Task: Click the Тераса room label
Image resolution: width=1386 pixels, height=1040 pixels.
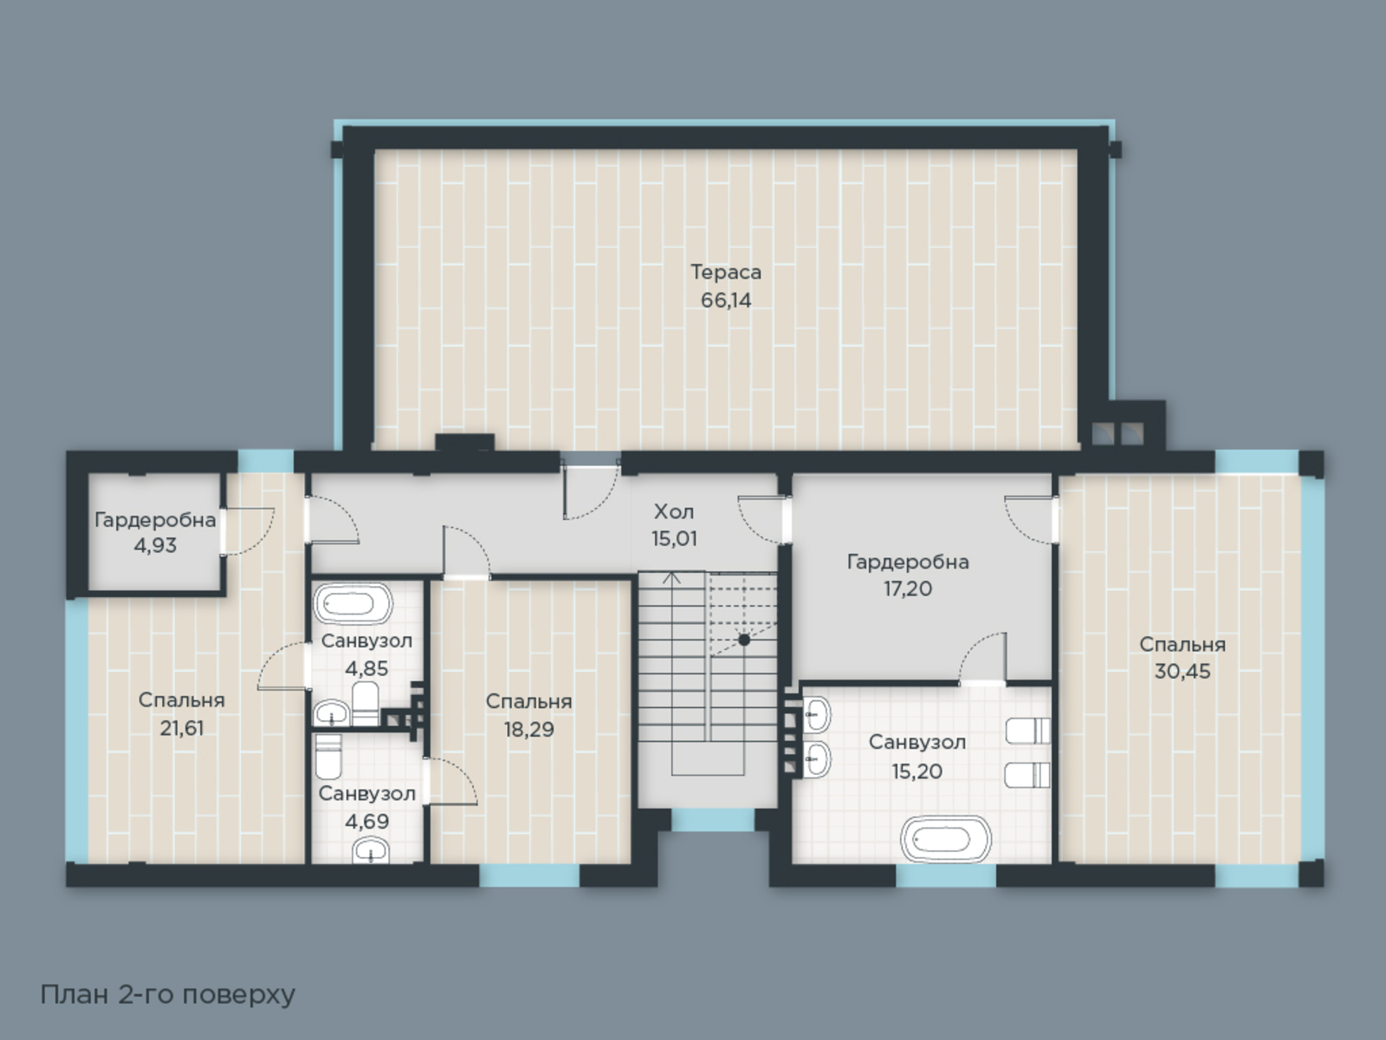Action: coord(726,272)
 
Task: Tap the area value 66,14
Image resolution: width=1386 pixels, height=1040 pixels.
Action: coord(726,300)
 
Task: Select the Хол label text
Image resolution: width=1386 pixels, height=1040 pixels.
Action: coord(674,510)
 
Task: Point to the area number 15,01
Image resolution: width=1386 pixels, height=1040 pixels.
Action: coord(674,538)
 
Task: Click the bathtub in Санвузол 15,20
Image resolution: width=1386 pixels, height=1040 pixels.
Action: coord(945,839)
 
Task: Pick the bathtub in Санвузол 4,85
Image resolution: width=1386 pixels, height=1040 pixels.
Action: coord(353,603)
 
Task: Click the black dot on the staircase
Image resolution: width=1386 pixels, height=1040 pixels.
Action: coord(744,640)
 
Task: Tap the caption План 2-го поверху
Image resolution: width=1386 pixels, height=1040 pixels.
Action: coord(168,995)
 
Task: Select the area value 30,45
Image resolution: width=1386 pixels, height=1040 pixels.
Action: coord(1182,671)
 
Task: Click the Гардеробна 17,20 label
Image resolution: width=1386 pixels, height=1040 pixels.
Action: coord(908,575)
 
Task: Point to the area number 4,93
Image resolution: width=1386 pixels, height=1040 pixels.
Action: coord(155,546)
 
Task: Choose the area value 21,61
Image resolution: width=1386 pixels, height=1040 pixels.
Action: coord(182,728)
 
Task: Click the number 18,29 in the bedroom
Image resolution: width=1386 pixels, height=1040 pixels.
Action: coord(529,730)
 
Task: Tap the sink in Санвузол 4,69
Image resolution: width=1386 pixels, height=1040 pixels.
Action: coord(371,851)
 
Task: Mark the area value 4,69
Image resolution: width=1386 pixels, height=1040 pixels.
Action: coord(367,822)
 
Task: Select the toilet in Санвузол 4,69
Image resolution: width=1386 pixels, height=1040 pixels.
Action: coord(328,757)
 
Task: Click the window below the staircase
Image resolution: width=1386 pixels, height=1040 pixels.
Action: coord(713,820)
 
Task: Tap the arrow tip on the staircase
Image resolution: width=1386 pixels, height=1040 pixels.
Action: coord(672,573)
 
